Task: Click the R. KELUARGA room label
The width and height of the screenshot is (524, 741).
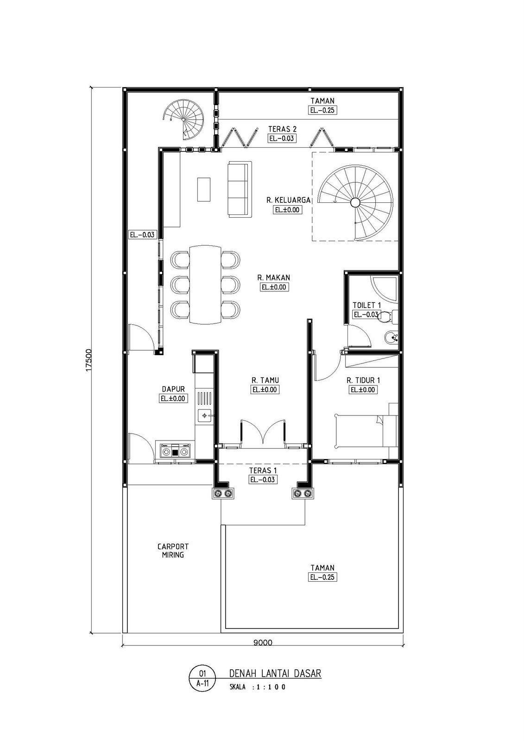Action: pos(288,200)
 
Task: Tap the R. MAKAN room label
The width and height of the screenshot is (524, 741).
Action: pos(274,277)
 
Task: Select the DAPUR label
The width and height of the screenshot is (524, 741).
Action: pos(173,389)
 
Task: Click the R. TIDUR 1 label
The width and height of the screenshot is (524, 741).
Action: pos(363,380)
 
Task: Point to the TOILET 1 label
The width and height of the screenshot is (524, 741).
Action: pos(366,305)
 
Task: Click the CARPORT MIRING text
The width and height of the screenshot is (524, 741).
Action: pos(173,551)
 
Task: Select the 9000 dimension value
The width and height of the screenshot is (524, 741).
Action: pos(263,643)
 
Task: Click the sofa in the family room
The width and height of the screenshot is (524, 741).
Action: pos(240,189)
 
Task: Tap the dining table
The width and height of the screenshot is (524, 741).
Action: pos(205,284)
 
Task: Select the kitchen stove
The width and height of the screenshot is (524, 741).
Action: pos(175,451)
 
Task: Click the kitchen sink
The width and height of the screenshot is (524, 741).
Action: pos(205,415)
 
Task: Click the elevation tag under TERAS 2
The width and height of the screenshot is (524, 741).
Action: pos(282,138)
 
